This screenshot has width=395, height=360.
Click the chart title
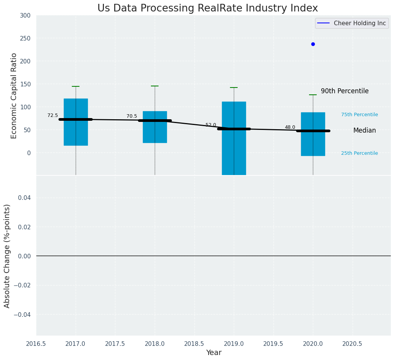[x=207, y=8]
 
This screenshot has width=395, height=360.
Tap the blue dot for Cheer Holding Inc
[x=313, y=44]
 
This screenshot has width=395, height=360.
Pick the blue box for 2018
[x=155, y=132]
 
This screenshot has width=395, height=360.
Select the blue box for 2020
[x=313, y=143]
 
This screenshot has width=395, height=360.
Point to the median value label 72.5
[x=53, y=115]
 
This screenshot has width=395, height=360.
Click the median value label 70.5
[x=132, y=116]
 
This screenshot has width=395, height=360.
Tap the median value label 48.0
[x=290, y=127]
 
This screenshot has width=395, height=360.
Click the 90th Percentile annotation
[x=345, y=91]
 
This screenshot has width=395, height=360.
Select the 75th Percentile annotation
[x=359, y=115]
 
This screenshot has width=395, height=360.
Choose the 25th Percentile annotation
[x=359, y=153]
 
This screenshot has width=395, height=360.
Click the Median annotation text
[x=364, y=130]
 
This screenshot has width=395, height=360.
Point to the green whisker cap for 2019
[x=234, y=88]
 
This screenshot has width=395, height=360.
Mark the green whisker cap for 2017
[x=76, y=86]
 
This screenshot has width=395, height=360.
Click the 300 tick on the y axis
[x=25, y=15]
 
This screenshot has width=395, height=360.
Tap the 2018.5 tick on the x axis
[x=194, y=344]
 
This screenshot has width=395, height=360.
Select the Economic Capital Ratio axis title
[x=14, y=96]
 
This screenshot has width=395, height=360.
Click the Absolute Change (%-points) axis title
[x=7, y=256]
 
